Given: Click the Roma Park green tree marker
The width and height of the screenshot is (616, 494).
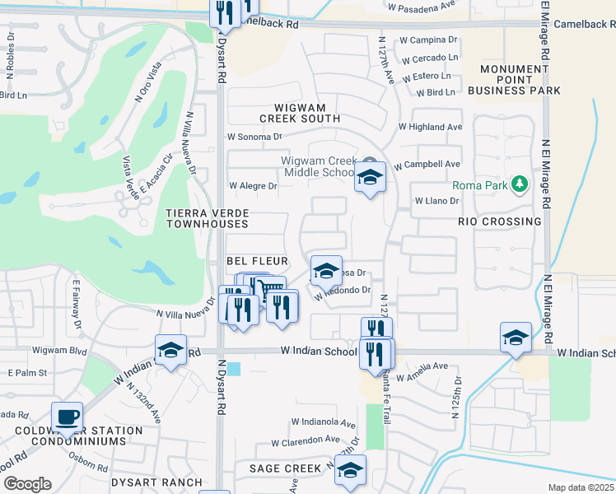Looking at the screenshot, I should (x=519, y=182).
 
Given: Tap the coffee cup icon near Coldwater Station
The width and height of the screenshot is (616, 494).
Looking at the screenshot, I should (x=67, y=417).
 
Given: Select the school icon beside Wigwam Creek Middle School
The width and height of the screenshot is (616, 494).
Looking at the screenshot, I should (x=370, y=176).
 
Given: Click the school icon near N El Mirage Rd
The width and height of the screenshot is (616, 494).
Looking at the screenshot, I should (x=516, y=338).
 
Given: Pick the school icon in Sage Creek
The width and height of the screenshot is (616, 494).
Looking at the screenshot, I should (x=351, y=470).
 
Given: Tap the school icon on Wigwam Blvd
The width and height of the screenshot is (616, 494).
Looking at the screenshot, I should (x=171, y=349).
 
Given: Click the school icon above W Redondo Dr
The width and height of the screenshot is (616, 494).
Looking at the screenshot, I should (x=326, y=270).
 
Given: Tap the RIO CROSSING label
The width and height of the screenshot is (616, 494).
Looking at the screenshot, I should (x=499, y=221).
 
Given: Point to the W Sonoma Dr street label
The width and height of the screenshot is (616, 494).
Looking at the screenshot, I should (x=254, y=137).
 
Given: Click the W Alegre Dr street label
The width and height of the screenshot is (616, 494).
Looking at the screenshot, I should (x=253, y=186).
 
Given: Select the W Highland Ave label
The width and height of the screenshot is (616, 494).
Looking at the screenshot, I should (x=430, y=128).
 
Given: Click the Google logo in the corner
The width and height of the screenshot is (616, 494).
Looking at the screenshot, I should (x=27, y=483).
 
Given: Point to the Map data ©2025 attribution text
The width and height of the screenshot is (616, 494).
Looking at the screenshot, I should (x=580, y=487).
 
